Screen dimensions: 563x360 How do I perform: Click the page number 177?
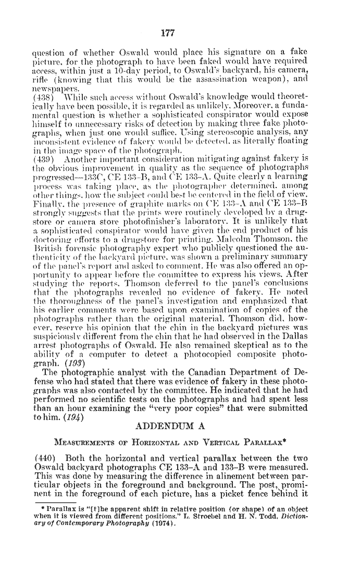(167, 33)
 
